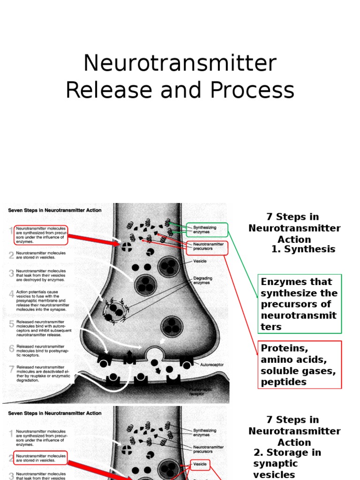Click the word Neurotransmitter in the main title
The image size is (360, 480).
tap(180, 64)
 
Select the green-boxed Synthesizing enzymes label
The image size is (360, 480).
tap(207, 230)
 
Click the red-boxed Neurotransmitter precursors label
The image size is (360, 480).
tap(207, 247)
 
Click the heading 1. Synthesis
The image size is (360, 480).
tap(303, 249)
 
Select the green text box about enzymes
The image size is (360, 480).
tap(300, 304)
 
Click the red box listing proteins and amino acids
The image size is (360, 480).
tap(300, 365)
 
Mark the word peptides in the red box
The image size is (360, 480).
tap(284, 382)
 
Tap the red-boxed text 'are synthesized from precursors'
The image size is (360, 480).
tap(41, 234)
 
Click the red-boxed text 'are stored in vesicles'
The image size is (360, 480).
tap(41, 457)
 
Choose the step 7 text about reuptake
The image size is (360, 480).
tap(43, 373)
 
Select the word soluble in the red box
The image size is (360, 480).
tap(277, 370)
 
